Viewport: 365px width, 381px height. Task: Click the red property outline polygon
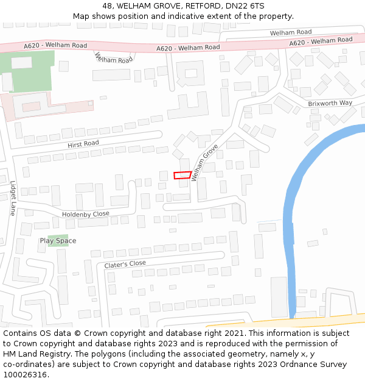pos(182,176)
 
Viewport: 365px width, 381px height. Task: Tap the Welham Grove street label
pos(204,163)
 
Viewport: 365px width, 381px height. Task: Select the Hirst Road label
pos(83,144)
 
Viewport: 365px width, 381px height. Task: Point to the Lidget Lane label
pos(12,198)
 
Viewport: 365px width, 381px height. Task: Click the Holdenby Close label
pos(86,214)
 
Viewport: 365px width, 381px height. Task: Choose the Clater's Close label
pos(125,264)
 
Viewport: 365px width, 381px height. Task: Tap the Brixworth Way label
pos(330,103)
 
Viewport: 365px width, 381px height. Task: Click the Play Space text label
pos(58,241)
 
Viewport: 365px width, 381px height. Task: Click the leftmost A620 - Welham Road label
pos(55,46)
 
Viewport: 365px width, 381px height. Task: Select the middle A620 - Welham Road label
pos(188,48)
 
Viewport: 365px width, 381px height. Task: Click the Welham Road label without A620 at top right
pos(291,32)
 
